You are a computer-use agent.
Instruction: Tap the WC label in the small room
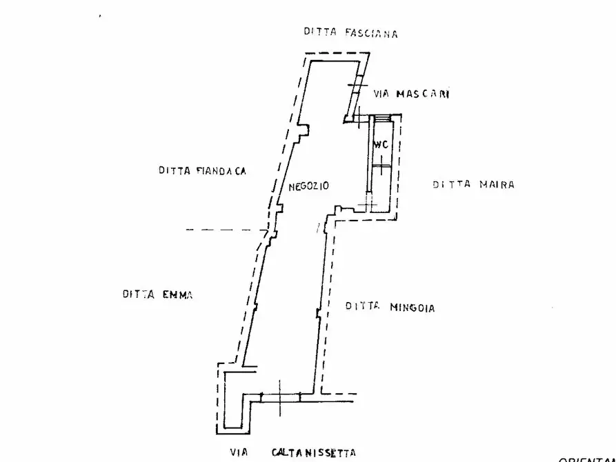[381, 145]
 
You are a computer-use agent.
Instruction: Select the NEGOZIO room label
[309, 186]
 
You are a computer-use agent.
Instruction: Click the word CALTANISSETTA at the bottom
[314, 452]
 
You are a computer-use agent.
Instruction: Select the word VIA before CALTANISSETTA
[238, 453]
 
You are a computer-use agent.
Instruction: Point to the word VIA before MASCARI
[381, 94]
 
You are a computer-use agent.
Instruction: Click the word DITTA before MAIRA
[451, 184]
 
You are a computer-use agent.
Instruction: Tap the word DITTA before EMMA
[138, 294]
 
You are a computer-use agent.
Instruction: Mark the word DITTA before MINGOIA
[362, 305]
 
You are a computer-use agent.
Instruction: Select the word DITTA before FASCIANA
[319, 32]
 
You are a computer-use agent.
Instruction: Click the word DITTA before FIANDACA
[173, 170]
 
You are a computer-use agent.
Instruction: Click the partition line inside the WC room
[381, 166]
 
